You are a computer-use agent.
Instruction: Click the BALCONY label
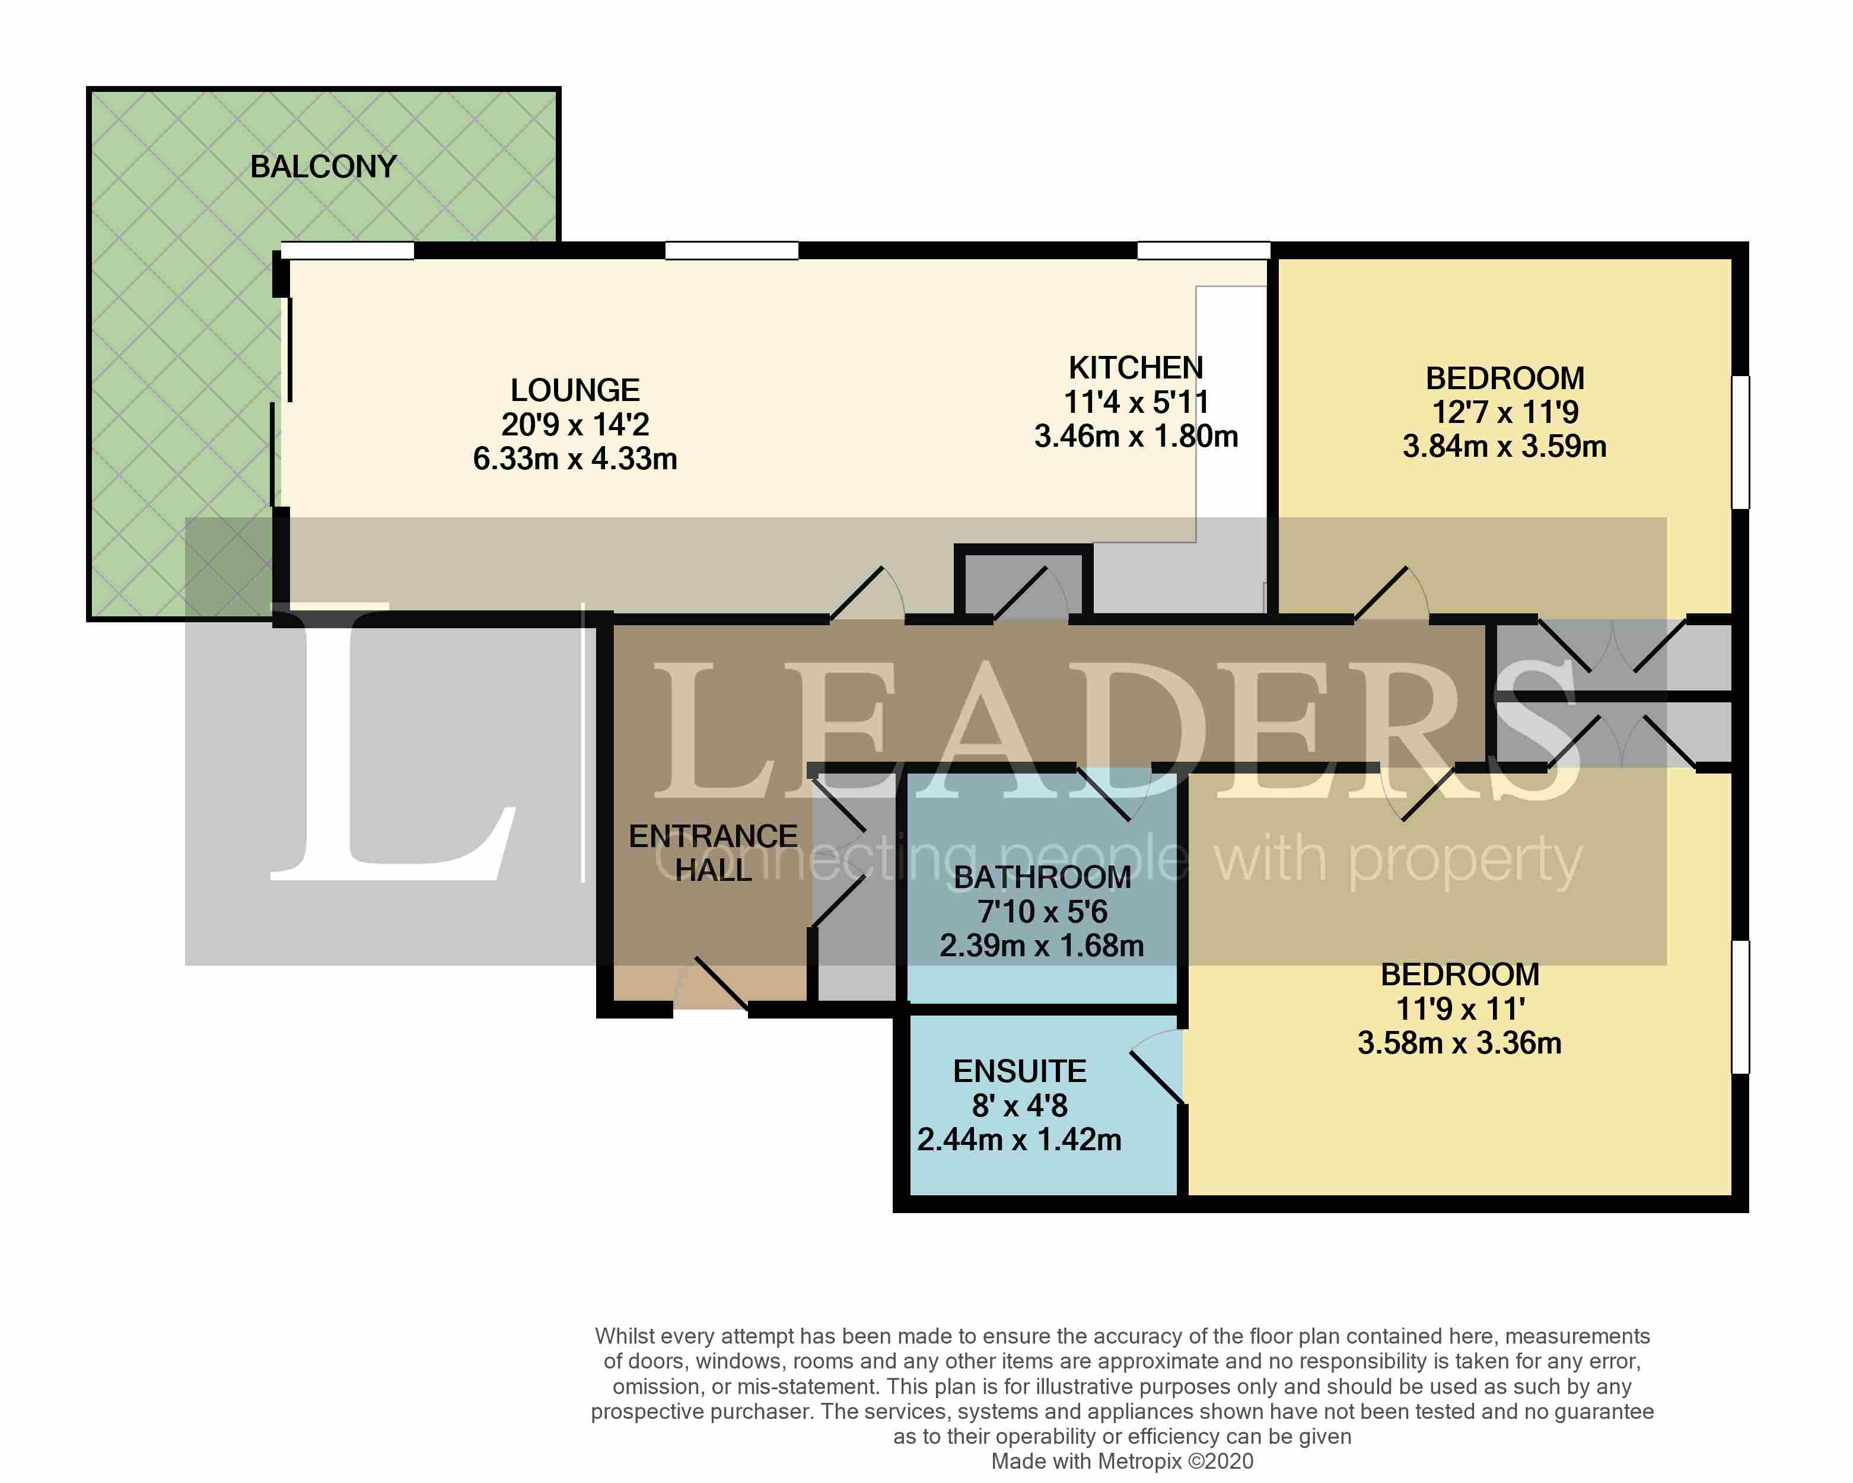coord(323,167)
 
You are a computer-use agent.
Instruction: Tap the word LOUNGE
coord(575,390)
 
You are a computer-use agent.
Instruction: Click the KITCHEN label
coord(1135,368)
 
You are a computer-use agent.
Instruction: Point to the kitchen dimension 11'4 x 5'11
coord(1135,402)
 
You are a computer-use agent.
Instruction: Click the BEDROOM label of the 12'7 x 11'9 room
coord(1504,378)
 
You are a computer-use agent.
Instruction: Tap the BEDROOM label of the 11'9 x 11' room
coord(1459,974)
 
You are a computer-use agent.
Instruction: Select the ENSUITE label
coord(1019,1071)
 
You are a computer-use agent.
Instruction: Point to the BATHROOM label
coord(1042,878)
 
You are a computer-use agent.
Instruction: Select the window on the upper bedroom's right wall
coord(1740,442)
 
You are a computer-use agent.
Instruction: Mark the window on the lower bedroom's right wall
coord(1740,1007)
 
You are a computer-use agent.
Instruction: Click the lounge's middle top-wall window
coord(731,251)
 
